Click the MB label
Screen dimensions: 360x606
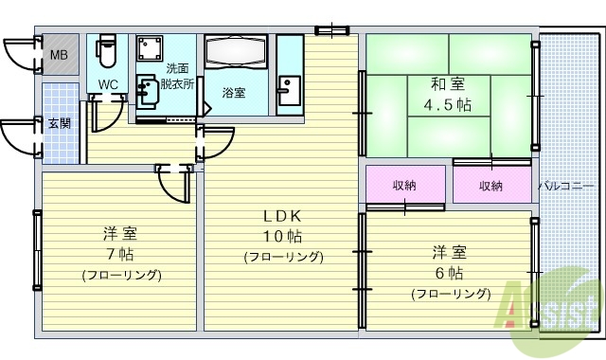click(58, 55)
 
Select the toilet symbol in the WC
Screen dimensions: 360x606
click(106, 53)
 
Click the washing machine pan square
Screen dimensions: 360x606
click(149, 49)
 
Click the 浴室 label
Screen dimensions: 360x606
click(234, 93)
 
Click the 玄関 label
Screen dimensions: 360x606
click(59, 123)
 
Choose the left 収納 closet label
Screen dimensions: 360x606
click(404, 185)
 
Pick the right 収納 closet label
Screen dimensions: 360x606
click(490, 185)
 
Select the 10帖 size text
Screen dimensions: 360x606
click(283, 236)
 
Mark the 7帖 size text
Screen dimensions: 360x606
click(121, 254)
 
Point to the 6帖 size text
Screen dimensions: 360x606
click(450, 274)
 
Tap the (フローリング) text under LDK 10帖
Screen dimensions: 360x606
click(283, 257)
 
